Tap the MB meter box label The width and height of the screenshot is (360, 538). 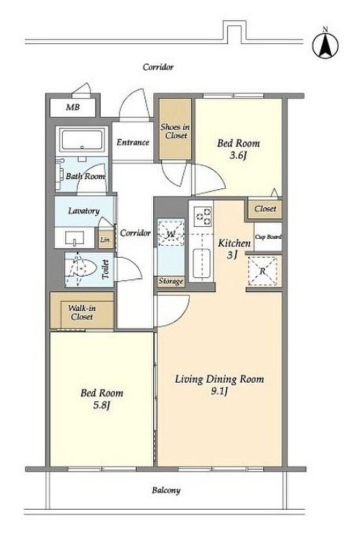[73, 107]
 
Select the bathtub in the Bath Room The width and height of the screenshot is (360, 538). [82, 140]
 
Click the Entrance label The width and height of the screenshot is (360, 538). [133, 142]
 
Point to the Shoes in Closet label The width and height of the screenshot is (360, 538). [175, 131]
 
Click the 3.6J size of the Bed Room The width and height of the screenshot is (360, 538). [238, 155]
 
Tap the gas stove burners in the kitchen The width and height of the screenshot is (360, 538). [203, 216]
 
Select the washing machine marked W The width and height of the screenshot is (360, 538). [171, 234]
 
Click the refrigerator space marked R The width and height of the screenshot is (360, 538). [263, 271]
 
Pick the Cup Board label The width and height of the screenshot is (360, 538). [268, 237]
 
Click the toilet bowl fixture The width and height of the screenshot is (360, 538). [82, 268]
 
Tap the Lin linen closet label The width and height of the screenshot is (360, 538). [105, 239]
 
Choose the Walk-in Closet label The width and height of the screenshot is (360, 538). [82, 312]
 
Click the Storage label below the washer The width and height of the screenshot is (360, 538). [171, 282]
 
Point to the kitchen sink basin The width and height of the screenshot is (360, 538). [202, 263]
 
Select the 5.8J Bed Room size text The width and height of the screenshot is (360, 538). [102, 405]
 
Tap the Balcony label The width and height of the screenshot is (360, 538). [167, 490]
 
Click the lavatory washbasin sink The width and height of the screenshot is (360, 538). [75, 238]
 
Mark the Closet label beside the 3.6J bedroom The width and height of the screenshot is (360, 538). [265, 208]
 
